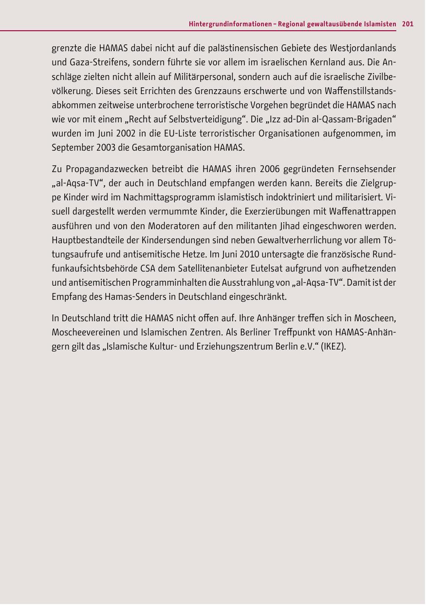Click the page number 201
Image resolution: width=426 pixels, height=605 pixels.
tap(408, 24)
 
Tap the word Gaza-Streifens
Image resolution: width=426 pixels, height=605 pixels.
tap(100, 63)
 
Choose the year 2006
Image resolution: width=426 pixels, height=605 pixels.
tap(270, 170)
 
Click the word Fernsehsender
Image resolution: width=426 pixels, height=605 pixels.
tap(368, 170)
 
